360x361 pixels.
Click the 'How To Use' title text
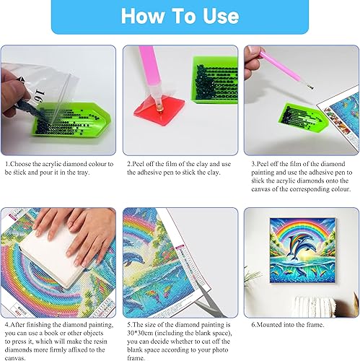(x=180, y=16)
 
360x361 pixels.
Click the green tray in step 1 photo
(x=72, y=119)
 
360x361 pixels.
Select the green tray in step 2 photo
(x=214, y=80)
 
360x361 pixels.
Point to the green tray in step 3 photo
(x=302, y=116)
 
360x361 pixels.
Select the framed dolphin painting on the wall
(x=302, y=251)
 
